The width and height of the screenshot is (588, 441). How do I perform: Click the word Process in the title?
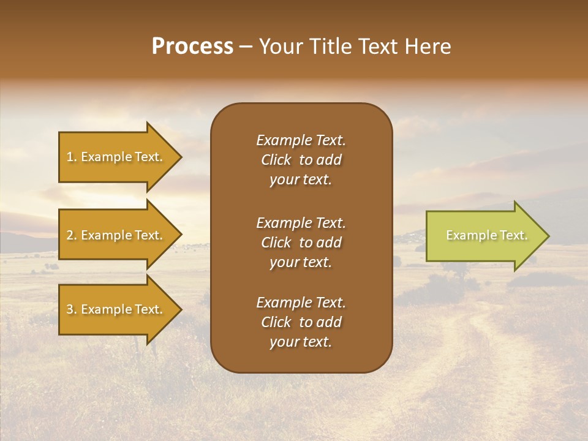coord(192,47)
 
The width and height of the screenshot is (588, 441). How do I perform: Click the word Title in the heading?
coord(330,47)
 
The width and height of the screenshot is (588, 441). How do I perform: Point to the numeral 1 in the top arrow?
coord(70,157)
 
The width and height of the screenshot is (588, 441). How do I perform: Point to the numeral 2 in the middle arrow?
coord(70,235)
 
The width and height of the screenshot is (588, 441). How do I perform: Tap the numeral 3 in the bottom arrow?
coord(70,309)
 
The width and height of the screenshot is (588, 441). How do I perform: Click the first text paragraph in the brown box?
coord(301,160)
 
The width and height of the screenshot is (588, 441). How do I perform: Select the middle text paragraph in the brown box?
coord(301,243)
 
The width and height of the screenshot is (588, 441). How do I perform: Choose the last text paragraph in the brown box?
coord(301,322)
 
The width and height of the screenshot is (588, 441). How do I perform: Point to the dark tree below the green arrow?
coord(456,270)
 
